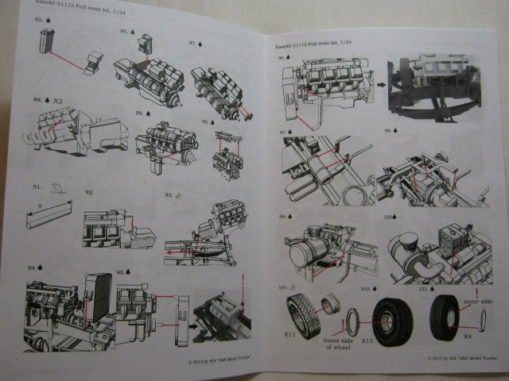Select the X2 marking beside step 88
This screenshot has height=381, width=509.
coord(59,102)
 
